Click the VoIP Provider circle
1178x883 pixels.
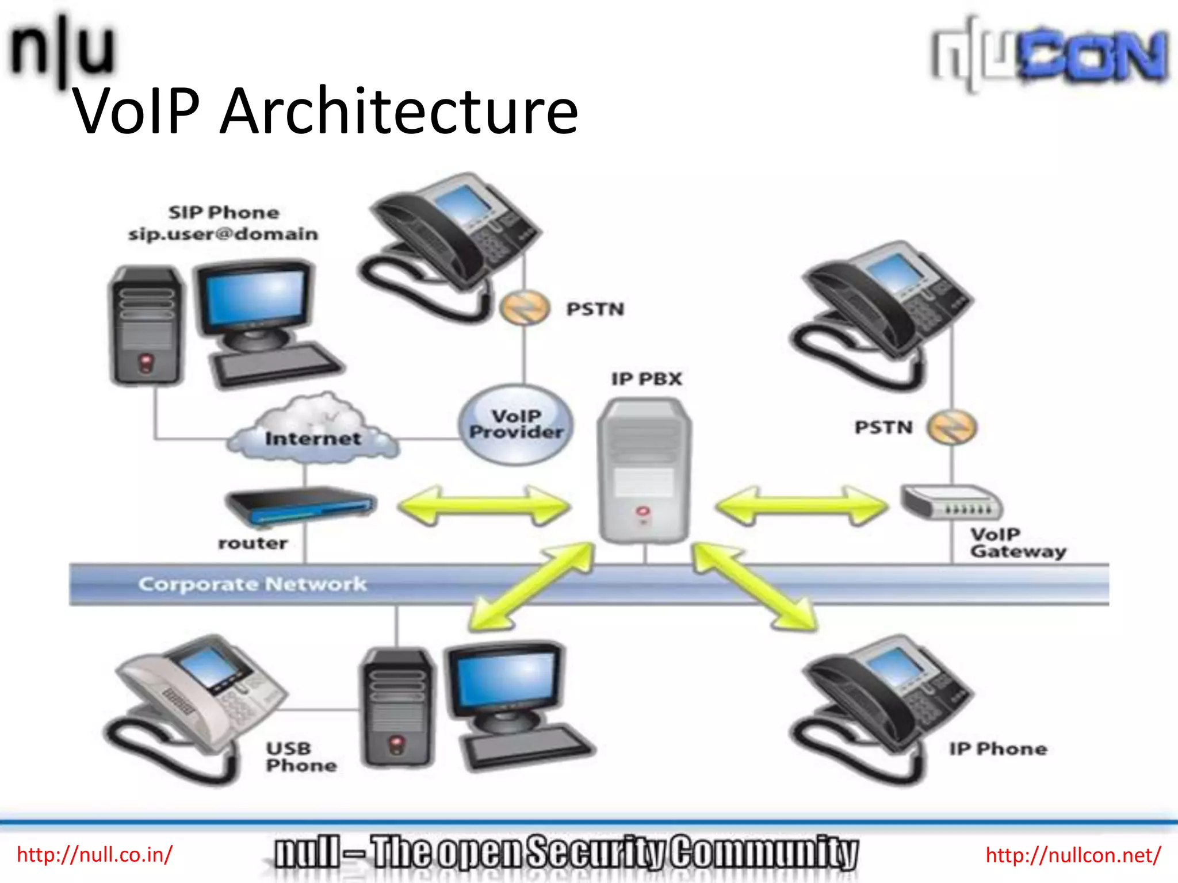516,424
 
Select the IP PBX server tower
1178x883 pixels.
644,470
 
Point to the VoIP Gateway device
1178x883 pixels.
951,502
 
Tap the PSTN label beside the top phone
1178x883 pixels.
595,309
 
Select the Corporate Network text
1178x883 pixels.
253,584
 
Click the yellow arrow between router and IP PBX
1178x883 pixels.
484,506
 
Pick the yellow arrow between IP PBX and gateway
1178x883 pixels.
802,506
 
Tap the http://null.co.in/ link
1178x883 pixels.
95,855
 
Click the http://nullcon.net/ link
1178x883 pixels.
1073,855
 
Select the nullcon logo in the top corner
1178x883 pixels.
1050,55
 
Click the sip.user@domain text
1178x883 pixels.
223,234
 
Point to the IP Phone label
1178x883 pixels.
998,749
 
